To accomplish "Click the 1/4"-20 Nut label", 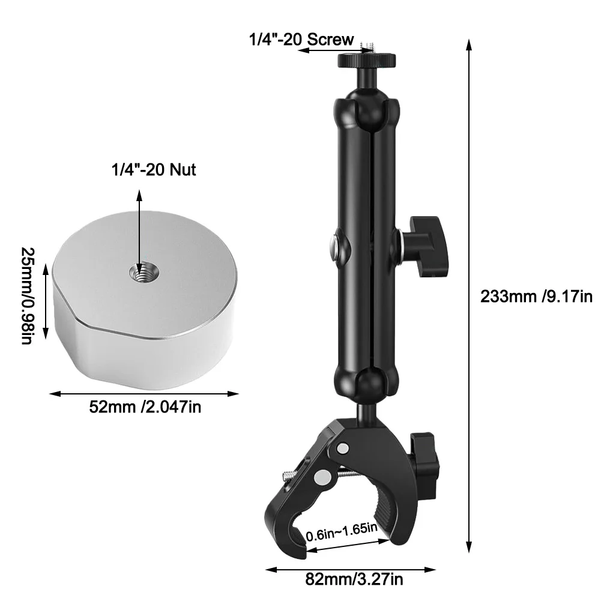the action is point(153,169).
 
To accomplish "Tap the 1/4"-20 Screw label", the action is point(301,40).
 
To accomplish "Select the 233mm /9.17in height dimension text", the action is point(536,297).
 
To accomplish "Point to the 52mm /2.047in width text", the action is point(145,406).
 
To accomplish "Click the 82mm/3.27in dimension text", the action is point(354,579).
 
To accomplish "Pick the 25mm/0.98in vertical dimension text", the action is point(28,296).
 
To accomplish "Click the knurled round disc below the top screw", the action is point(366,60).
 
